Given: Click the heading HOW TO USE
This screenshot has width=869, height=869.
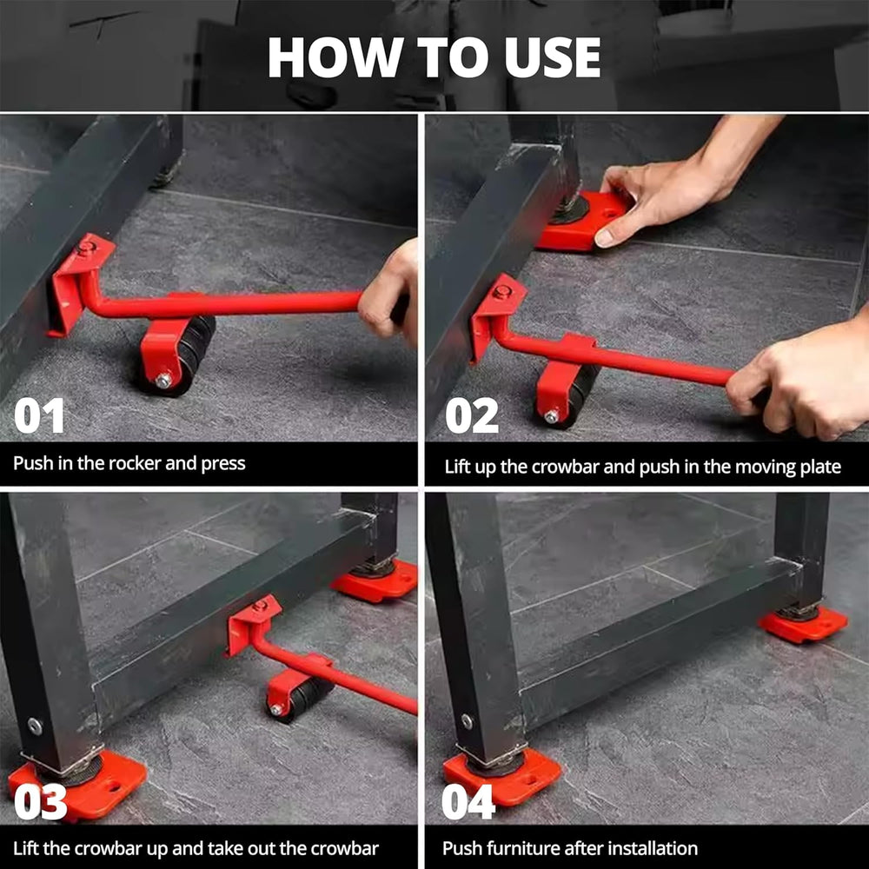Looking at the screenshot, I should (434, 57).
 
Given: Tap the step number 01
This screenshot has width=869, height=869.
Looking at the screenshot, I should (39, 415).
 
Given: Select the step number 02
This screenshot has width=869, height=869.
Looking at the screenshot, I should (472, 415).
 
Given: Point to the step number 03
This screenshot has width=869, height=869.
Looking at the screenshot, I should (40, 802).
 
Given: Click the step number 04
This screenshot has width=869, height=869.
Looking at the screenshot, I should (468, 802).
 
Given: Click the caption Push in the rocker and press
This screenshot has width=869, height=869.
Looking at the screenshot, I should (129, 463).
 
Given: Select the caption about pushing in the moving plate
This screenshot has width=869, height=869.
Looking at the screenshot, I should (642, 467).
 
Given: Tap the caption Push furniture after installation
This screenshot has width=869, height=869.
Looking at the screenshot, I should (569, 848).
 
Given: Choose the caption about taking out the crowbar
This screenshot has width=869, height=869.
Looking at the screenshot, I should (196, 848).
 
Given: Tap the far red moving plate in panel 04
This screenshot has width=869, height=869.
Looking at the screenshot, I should (803, 624).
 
